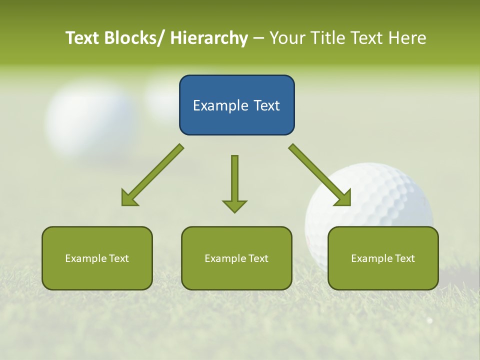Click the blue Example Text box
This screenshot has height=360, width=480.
coord(236,105)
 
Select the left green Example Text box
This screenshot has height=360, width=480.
coord(97,258)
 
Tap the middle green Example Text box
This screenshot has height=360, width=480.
coord(236,258)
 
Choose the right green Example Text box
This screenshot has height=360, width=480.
coord(383,258)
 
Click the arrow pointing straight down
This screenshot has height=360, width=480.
coord(234,183)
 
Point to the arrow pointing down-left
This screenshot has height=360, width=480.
coord(152,175)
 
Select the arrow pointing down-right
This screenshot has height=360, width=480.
coord(320,175)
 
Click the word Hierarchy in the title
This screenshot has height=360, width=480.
coord(209,38)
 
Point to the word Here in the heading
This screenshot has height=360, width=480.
coord(408,38)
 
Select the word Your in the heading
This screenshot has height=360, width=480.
coord(286,38)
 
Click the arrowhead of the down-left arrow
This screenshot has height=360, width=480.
coord(129,198)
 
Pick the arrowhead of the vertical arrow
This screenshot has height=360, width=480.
coord(234,205)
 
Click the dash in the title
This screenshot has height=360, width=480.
coord(258,38)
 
